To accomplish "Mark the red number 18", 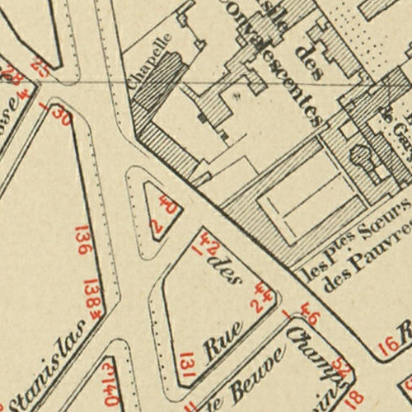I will tap(355, 398).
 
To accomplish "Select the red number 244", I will tap(262, 296).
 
